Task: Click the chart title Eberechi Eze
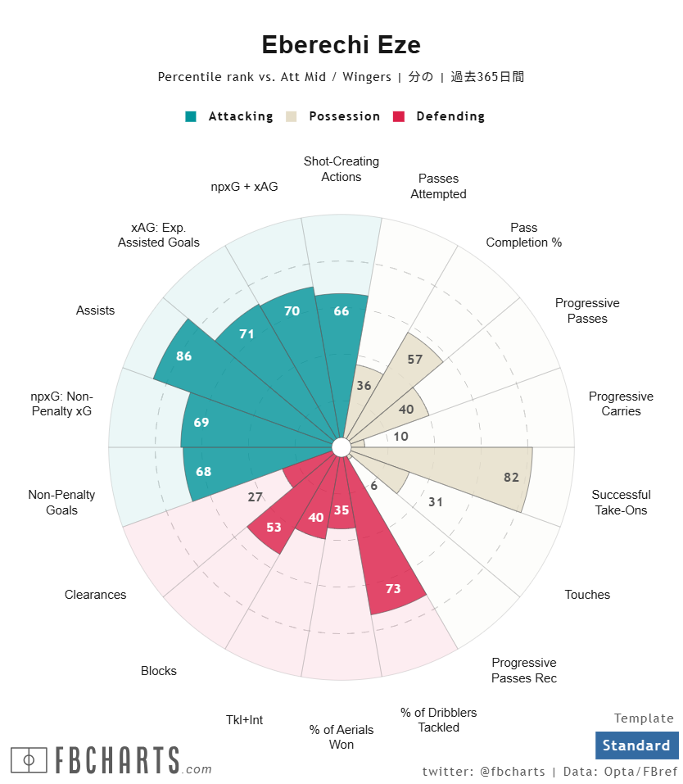(x=341, y=45)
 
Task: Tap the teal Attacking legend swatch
(x=191, y=116)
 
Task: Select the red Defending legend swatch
(x=399, y=116)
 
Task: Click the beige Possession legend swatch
(x=291, y=116)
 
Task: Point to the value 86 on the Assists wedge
(x=184, y=356)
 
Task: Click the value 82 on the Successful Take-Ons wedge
(x=512, y=478)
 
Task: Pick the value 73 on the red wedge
(x=393, y=587)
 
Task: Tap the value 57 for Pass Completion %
(x=415, y=360)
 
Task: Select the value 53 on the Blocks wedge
(x=274, y=527)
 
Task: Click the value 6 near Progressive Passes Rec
(x=374, y=486)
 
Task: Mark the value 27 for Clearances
(x=255, y=497)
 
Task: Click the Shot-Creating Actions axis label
(x=341, y=169)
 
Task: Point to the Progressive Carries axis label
(x=621, y=403)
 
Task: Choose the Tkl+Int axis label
(x=244, y=720)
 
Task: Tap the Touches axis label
(x=587, y=595)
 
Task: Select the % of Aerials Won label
(x=341, y=736)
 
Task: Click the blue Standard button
(x=636, y=745)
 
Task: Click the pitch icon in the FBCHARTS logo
(x=29, y=760)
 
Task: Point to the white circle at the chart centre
(x=341, y=446)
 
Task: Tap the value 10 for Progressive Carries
(x=400, y=437)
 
